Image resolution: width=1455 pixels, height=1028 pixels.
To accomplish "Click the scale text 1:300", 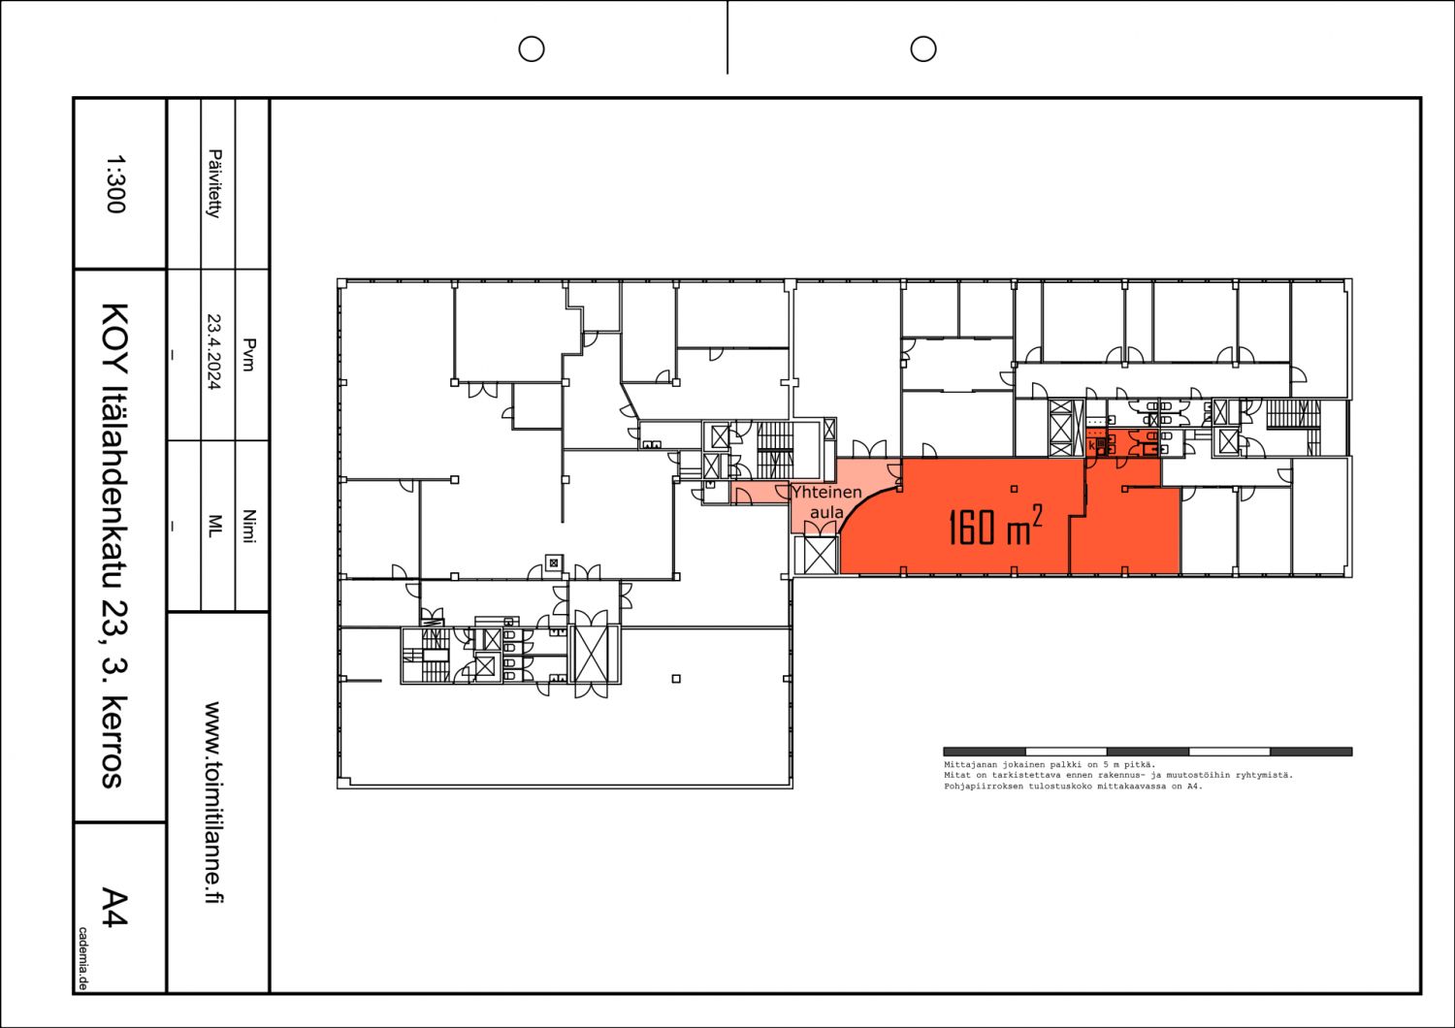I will tap(114, 183).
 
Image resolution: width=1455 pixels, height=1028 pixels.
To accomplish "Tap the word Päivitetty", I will tap(214, 183).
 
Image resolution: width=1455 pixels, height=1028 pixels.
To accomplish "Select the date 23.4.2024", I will tap(214, 351).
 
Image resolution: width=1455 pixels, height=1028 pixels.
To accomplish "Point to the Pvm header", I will tap(248, 354).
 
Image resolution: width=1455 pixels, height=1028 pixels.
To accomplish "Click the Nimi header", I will tap(248, 526).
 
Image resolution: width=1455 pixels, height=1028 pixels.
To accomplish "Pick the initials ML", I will tap(214, 525).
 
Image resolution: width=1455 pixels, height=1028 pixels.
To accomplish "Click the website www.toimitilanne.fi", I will tap(214, 802).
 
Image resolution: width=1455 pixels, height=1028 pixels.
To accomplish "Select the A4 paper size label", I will tap(114, 907).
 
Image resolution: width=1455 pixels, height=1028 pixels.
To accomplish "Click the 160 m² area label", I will tap(994, 526).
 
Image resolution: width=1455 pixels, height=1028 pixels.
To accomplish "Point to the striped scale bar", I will tap(1148, 752).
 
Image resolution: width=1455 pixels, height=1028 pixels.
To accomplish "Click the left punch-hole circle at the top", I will tap(532, 48).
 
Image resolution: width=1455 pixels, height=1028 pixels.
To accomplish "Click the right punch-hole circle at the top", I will tap(923, 48).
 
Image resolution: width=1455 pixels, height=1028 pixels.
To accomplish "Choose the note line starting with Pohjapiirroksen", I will tap(1072, 787).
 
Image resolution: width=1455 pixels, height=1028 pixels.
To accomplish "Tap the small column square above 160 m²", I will tap(1014, 489).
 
